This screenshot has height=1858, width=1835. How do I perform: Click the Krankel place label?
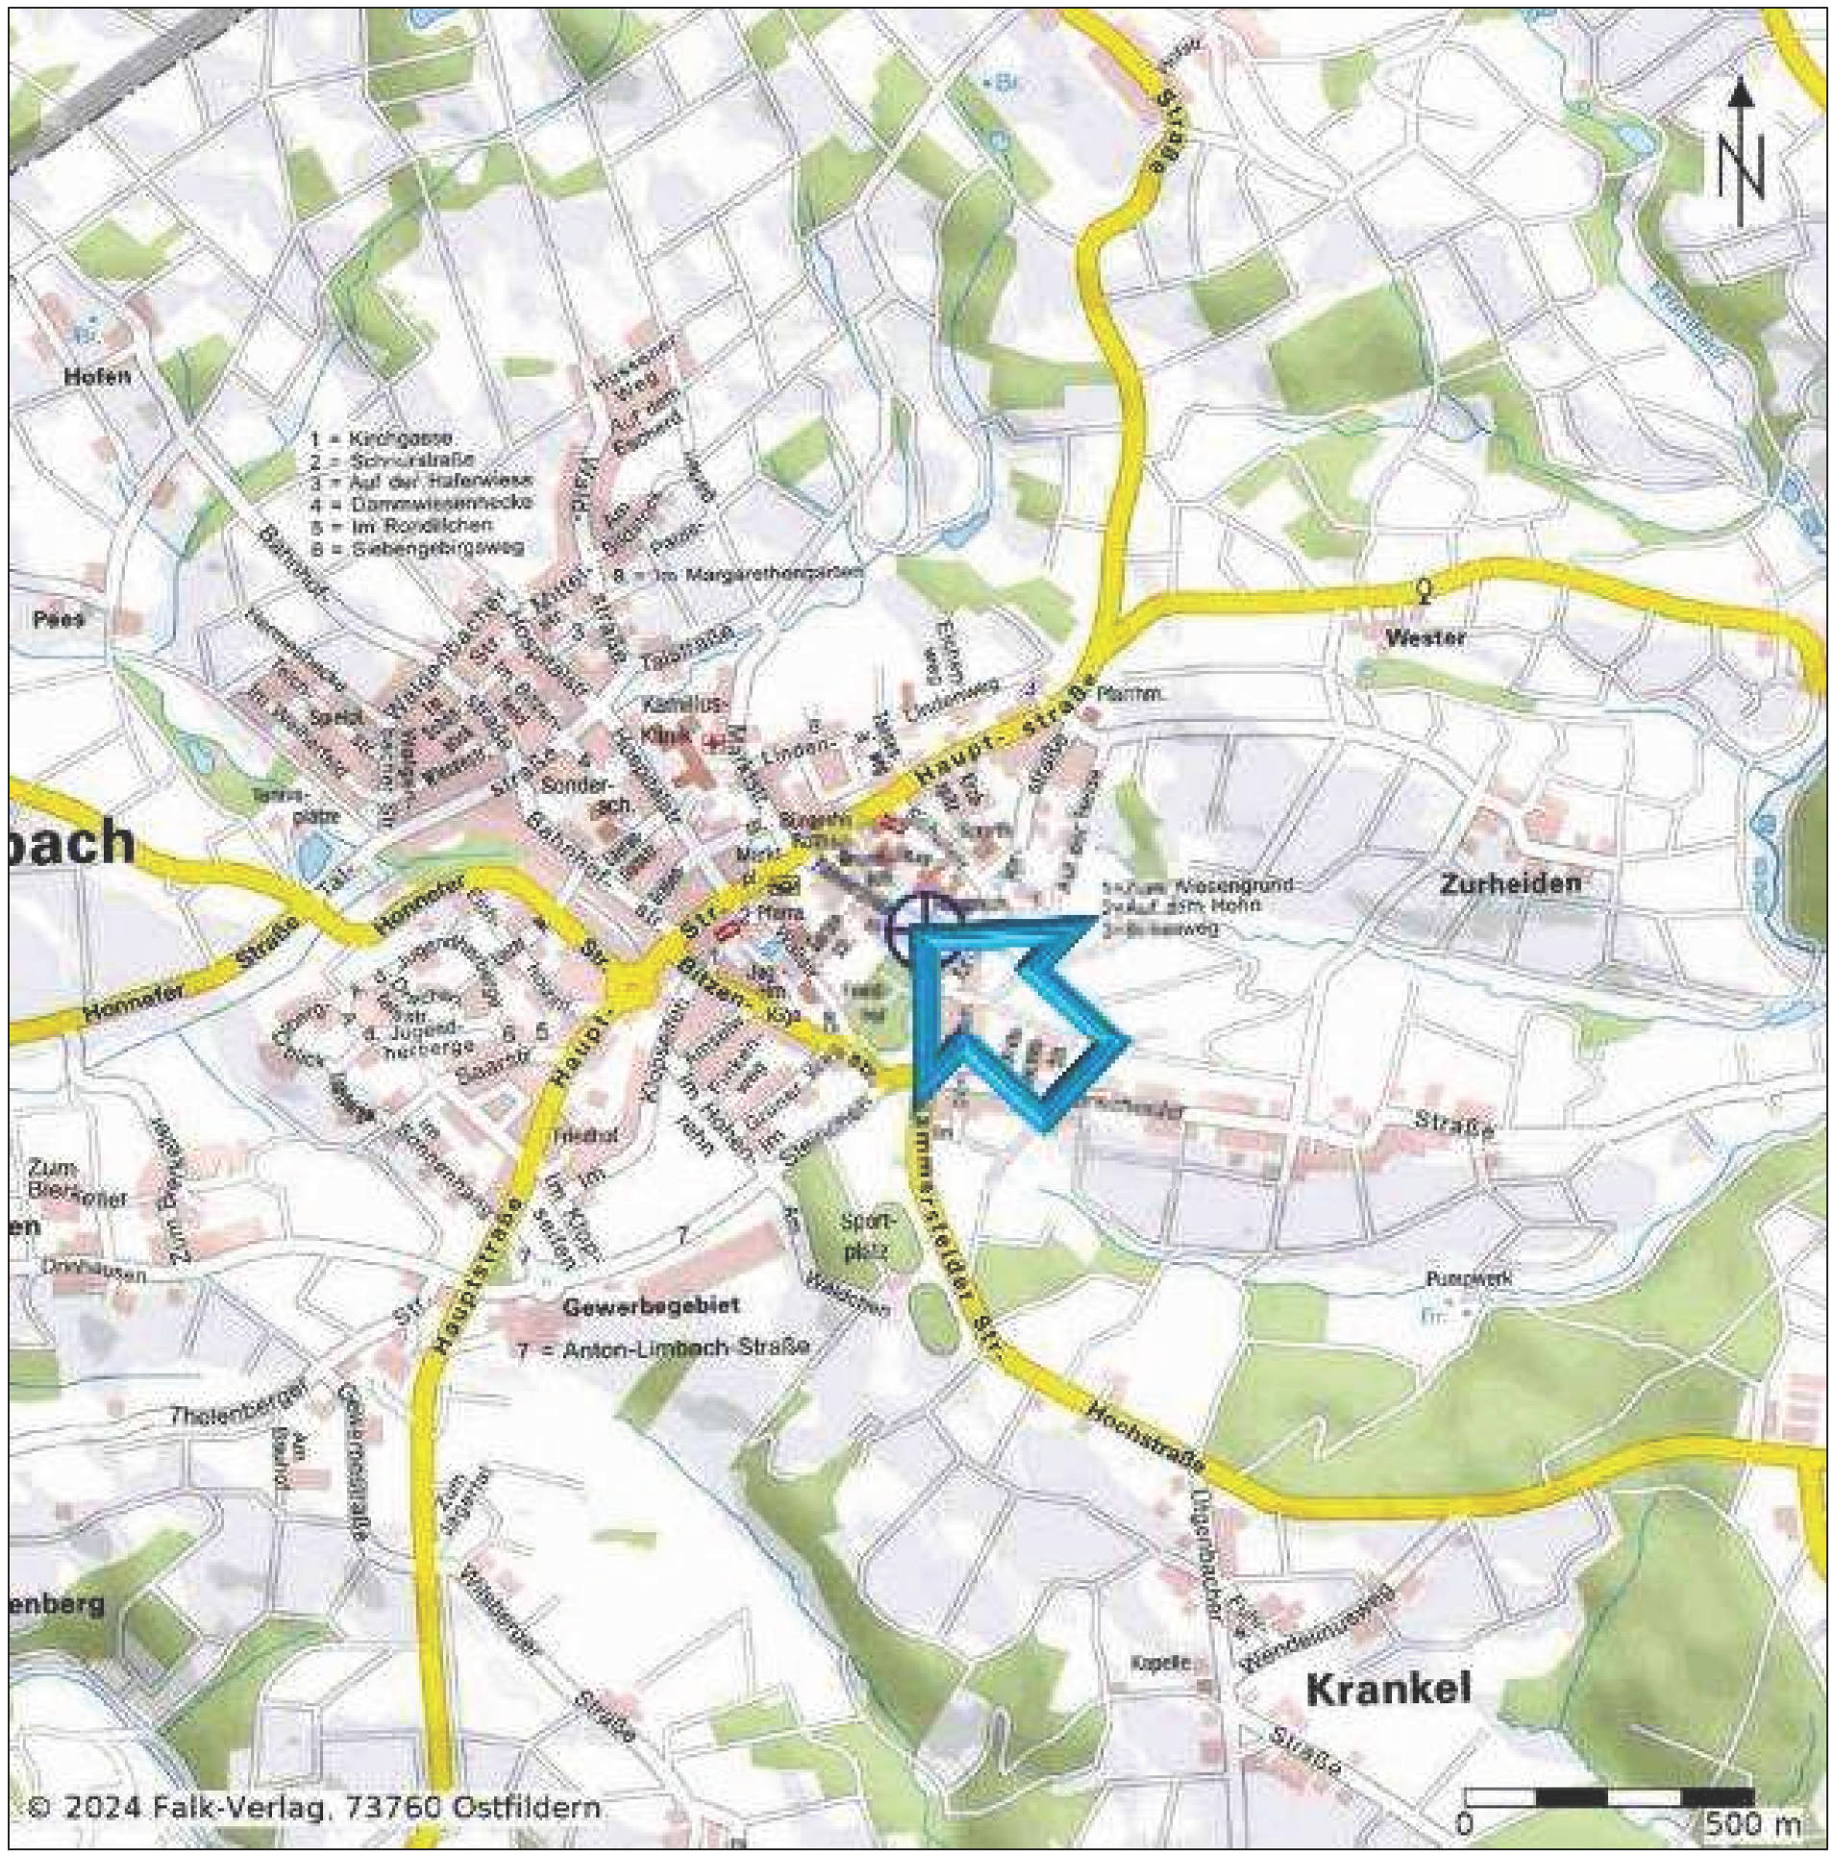(1389, 1689)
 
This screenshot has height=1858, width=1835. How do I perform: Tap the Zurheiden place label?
(1509, 882)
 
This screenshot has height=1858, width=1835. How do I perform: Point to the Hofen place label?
(97, 377)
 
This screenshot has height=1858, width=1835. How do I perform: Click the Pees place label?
(59, 618)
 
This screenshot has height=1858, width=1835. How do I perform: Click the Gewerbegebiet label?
(651, 1306)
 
